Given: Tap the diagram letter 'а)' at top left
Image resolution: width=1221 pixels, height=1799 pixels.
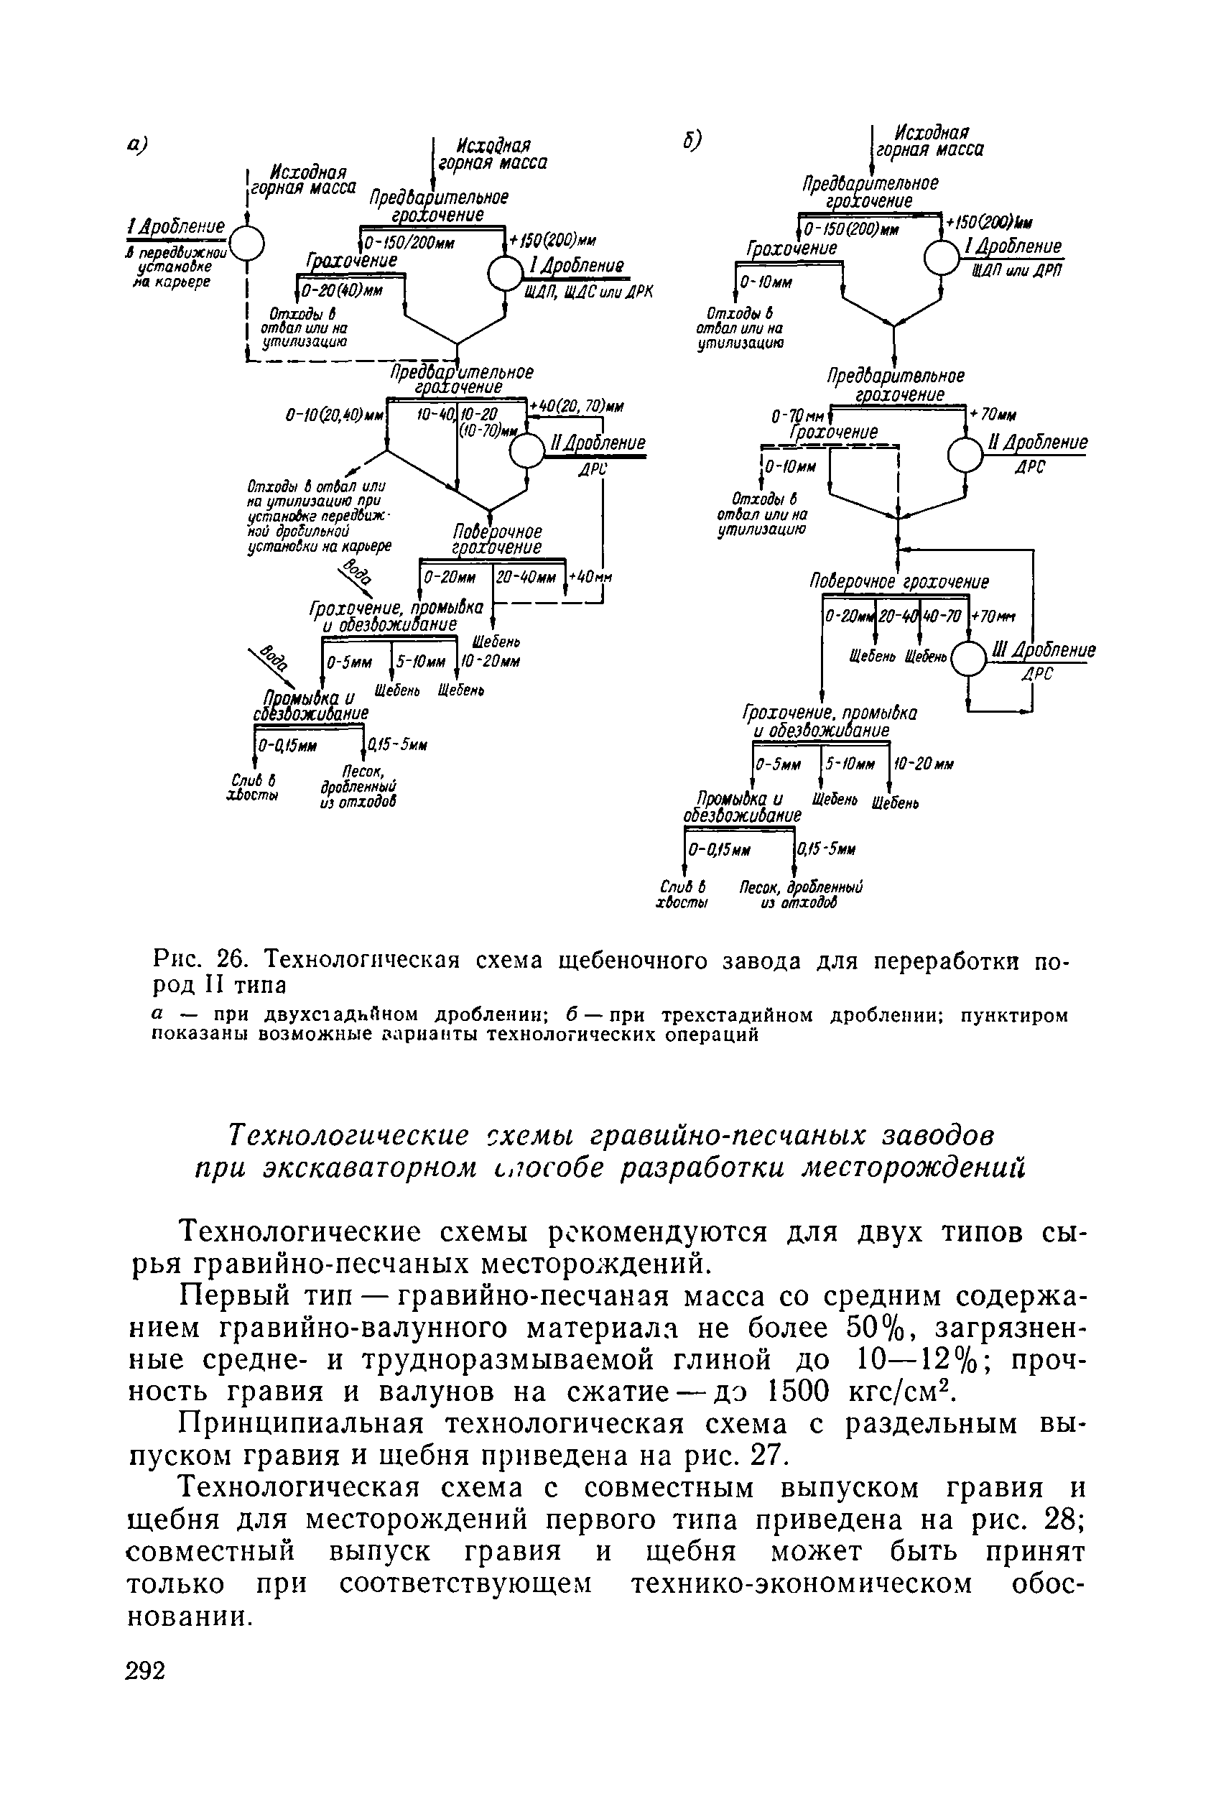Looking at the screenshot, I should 138,144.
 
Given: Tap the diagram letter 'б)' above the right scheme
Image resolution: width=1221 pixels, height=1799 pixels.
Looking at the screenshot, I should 692,139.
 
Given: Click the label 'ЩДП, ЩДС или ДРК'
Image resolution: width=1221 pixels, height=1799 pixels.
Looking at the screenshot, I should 589,292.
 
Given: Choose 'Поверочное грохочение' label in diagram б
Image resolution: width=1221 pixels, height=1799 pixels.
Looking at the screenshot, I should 899,581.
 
